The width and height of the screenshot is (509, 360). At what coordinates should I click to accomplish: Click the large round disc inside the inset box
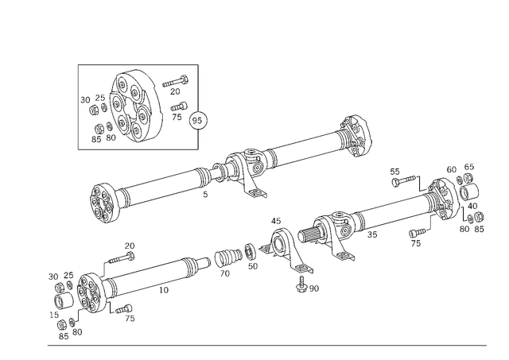pyautogui.click(x=134, y=107)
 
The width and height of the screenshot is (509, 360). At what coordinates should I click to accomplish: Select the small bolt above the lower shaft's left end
pyautogui.click(x=122, y=255)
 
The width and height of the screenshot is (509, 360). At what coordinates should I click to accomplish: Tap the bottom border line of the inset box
pyautogui.click(x=136, y=149)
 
